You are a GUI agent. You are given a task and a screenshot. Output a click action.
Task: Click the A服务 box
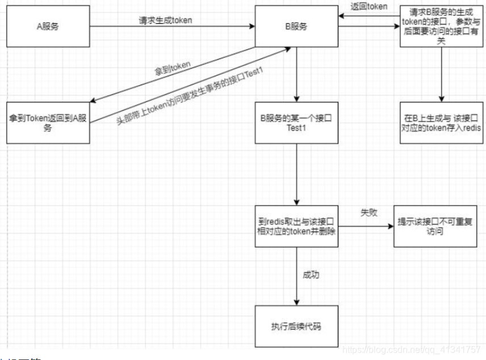point(48,26)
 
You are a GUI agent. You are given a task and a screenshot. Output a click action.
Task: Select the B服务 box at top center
point(296,26)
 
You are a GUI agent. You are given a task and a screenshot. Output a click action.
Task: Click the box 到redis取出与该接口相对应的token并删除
point(296,226)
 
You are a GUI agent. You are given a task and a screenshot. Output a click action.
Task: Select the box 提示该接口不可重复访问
point(435,226)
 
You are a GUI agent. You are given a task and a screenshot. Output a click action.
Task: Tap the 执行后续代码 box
point(296,326)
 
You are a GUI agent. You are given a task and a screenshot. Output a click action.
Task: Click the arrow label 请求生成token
point(165,20)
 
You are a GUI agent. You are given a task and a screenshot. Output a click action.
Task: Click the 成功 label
point(311,275)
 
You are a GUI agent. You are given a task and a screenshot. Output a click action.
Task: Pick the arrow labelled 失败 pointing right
point(366,226)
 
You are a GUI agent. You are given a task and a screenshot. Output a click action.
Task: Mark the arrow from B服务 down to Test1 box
point(296,74)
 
